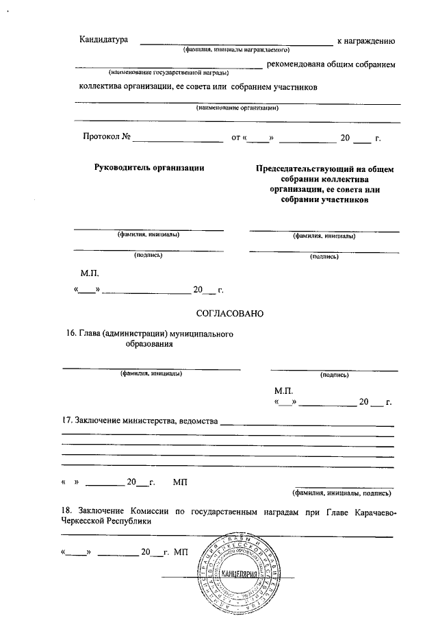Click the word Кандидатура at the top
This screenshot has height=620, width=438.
click(104, 41)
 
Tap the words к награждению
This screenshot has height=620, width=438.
click(366, 42)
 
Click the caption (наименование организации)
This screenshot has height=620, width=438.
click(237, 108)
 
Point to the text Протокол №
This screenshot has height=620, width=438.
click(107, 138)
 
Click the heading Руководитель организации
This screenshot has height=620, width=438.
click(149, 168)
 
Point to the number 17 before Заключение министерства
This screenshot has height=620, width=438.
click(66, 420)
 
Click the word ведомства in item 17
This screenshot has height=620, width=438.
click(198, 420)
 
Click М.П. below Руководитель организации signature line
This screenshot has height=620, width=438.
click(90, 273)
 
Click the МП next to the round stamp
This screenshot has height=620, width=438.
click(181, 551)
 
